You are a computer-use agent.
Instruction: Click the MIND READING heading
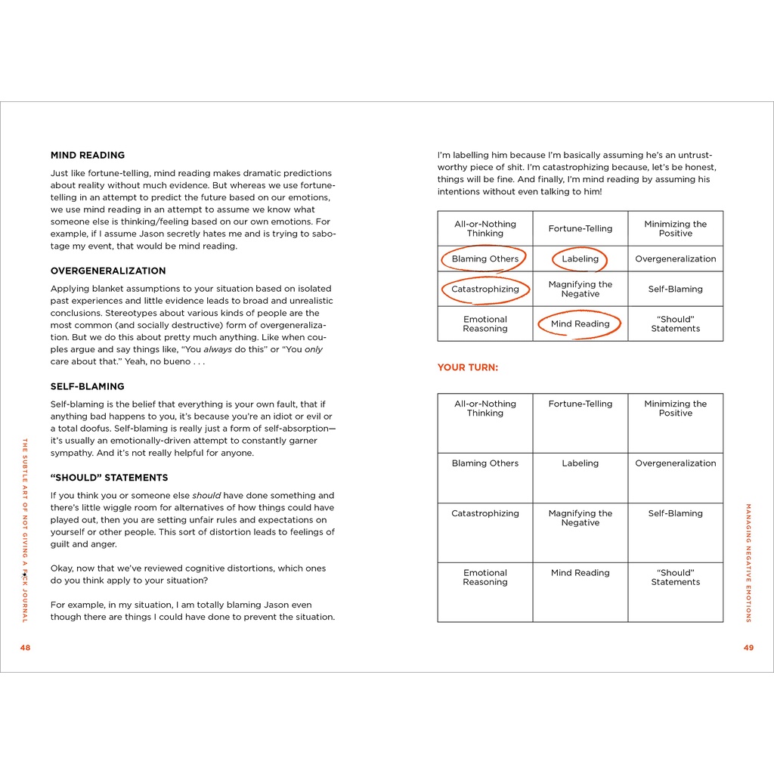pyautogui.click(x=87, y=155)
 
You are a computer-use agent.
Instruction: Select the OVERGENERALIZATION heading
pyautogui.click(x=107, y=271)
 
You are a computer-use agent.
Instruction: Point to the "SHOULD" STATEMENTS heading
pyautogui.click(x=109, y=478)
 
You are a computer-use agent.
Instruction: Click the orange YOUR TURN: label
pyautogui.click(x=467, y=367)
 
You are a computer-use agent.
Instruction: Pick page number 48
pyautogui.click(x=25, y=647)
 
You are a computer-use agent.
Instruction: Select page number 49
pyautogui.click(x=748, y=647)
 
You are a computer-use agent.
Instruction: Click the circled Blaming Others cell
pyautogui.click(x=485, y=259)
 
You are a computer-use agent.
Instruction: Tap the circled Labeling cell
pyautogui.click(x=580, y=259)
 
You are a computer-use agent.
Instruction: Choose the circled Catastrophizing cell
pyautogui.click(x=485, y=289)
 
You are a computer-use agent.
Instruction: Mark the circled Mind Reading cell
pyautogui.click(x=580, y=324)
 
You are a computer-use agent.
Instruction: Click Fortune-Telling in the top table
pyautogui.click(x=580, y=228)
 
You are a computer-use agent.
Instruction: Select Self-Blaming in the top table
pyautogui.click(x=675, y=289)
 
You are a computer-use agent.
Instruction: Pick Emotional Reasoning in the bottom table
pyautogui.click(x=485, y=577)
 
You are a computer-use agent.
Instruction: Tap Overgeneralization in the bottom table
pyautogui.click(x=675, y=463)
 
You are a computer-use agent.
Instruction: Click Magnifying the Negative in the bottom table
pyautogui.click(x=580, y=518)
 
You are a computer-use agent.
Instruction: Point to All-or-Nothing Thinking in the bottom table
pyautogui.click(x=485, y=408)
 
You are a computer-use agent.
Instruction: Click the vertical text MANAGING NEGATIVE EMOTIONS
pyautogui.click(x=748, y=562)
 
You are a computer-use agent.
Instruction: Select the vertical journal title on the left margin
pyautogui.click(x=25, y=530)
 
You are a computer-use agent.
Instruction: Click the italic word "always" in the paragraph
pyautogui.click(x=218, y=349)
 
